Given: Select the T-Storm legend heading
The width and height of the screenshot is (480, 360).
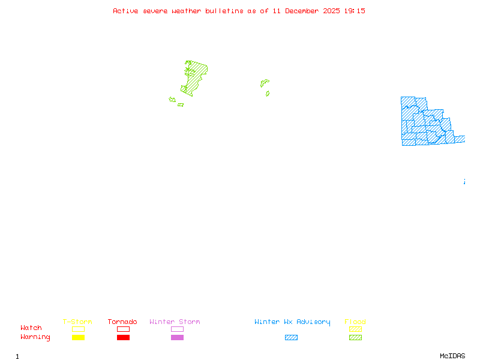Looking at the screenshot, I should (77, 322).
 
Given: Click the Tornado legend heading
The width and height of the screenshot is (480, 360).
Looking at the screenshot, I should (122, 322).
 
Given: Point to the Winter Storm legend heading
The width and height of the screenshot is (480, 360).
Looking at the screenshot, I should (175, 322).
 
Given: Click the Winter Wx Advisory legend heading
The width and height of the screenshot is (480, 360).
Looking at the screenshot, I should (292, 322).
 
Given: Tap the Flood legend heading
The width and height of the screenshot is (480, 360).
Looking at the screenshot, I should (355, 322).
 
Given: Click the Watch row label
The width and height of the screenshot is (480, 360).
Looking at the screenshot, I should (31, 328).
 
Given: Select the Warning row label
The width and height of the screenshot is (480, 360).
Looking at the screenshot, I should (35, 337).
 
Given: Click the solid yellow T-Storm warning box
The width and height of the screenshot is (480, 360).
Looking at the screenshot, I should (78, 338).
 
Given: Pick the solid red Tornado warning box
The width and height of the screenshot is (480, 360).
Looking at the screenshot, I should (123, 338).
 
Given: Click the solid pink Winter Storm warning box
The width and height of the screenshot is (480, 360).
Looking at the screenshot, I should (177, 338).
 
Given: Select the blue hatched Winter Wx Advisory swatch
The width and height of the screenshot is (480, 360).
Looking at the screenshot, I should (291, 338).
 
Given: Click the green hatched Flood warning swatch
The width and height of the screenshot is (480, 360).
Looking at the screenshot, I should (355, 338).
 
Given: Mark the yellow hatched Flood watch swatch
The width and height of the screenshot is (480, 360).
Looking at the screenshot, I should (355, 329).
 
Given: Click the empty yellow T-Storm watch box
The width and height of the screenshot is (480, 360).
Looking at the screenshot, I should (78, 329).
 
